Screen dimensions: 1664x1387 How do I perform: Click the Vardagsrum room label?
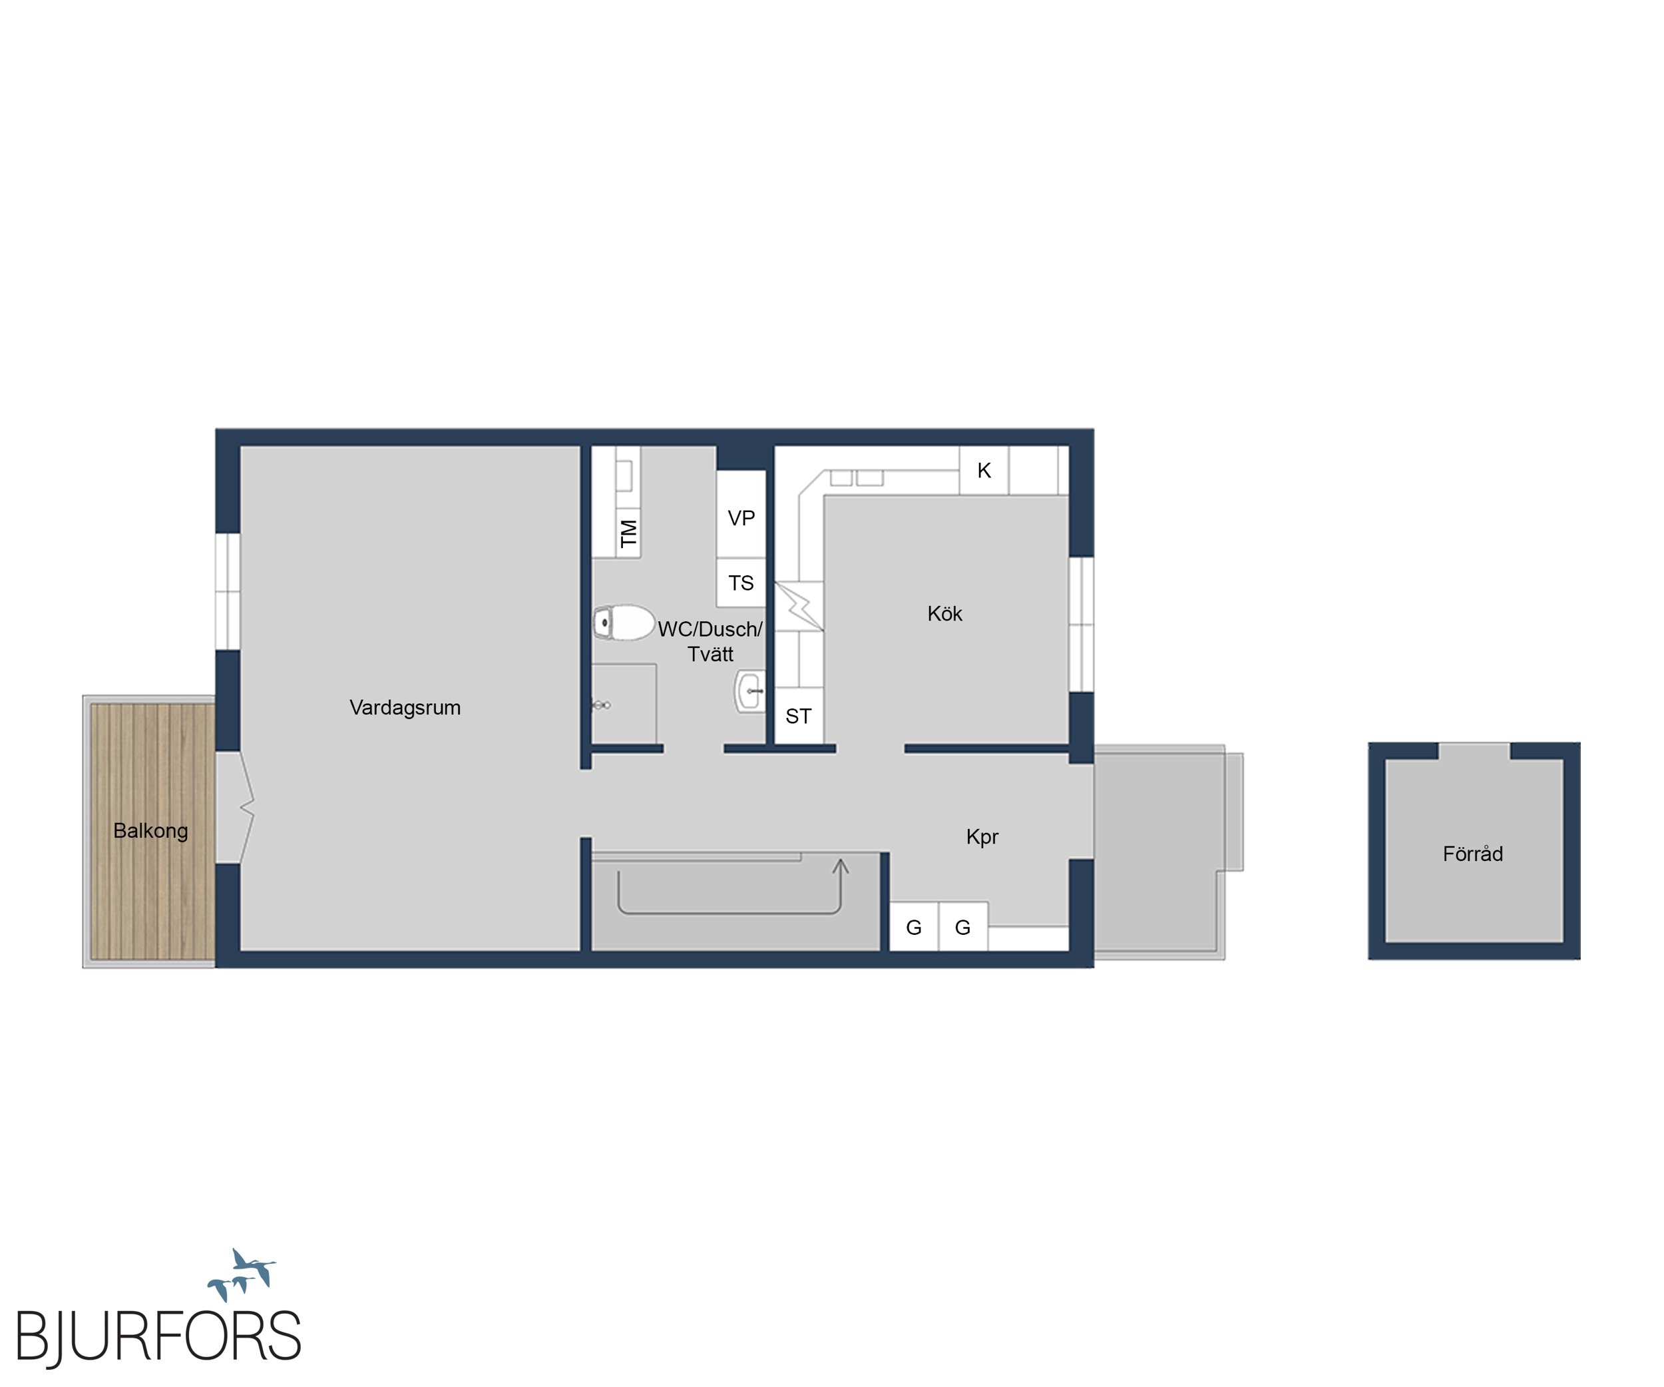(x=405, y=708)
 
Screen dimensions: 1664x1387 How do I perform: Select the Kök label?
(x=944, y=613)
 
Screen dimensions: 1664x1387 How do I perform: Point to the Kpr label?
(x=982, y=837)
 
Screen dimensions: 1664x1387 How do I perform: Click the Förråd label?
(x=1472, y=854)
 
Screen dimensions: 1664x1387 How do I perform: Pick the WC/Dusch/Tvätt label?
(x=710, y=641)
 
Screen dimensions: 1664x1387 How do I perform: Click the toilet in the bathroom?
(x=624, y=622)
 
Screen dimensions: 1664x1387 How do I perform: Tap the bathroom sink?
(x=749, y=691)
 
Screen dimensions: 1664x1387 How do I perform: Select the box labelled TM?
(x=628, y=533)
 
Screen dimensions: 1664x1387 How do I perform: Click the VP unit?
(x=741, y=517)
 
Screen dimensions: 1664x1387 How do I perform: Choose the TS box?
(x=741, y=583)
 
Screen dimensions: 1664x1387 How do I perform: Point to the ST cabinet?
(x=799, y=716)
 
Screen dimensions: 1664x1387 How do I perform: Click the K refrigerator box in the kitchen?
(x=984, y=471)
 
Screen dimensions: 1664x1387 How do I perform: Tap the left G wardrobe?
(x=914, y=926)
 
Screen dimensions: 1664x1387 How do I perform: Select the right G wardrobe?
(x=962, y=926)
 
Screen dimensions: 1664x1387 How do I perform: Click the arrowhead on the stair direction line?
(x=841, y=866)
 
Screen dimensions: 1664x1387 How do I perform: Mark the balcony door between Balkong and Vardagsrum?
(x=236, y=807)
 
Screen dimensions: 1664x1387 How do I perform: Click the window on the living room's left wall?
(x=228, y=591)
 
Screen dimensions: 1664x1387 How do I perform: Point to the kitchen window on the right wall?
(x=1082, y=625)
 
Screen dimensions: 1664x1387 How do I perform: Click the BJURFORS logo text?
(x=158, y=1336)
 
